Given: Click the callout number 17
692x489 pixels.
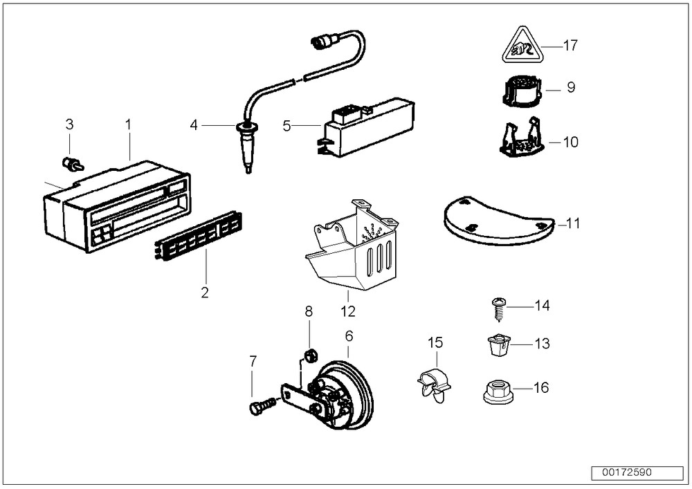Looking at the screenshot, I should tap(570, 46).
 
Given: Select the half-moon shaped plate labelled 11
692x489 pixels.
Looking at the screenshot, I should tap(497, 221).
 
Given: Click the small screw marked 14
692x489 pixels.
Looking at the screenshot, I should tap(499, 308).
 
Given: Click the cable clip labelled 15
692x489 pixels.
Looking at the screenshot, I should tap(434, 385).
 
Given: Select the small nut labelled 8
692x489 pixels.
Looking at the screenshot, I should tap(311, 356).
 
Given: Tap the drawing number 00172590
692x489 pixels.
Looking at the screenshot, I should tap(627, 474).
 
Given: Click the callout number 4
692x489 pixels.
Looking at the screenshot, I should tap(194, 125).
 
